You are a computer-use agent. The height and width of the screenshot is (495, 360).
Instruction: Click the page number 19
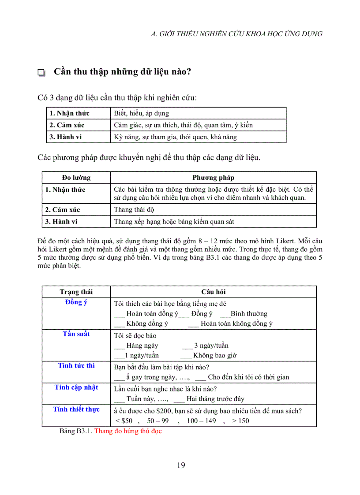(x=181, y=465)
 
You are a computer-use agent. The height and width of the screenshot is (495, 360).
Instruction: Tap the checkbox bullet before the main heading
(x=42, y=73)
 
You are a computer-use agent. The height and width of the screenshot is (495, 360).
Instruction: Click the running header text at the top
(x=236, y=33)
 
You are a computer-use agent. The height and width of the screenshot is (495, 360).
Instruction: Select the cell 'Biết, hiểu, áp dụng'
(x=141, y=113)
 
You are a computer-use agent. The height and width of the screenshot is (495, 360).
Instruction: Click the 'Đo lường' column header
(x=76, y=178)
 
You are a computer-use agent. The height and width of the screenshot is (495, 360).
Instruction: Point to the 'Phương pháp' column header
(x=213, y=178)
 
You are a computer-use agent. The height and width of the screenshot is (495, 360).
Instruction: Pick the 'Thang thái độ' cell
(x=134, y=209)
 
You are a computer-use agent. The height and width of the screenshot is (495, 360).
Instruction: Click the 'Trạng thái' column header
(x=76, y=292)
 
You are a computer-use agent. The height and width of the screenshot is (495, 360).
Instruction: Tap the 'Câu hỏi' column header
(x=213, y=292)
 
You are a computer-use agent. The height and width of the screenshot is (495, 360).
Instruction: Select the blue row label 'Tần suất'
(x=76, y=334)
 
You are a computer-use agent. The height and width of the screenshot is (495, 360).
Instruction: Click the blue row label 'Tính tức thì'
(x=76, y=365)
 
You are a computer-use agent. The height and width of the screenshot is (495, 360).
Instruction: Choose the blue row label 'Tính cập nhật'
(x=76, y=387)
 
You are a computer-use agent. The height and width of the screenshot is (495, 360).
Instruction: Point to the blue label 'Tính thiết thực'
(x=76, y=409)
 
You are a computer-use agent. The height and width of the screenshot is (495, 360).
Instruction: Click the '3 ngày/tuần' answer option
(x=211, y=346)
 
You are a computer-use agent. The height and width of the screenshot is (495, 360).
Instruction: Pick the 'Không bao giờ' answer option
(x=215, y=355)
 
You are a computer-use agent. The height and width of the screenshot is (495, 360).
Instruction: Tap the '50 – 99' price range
(x=158, y=421)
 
